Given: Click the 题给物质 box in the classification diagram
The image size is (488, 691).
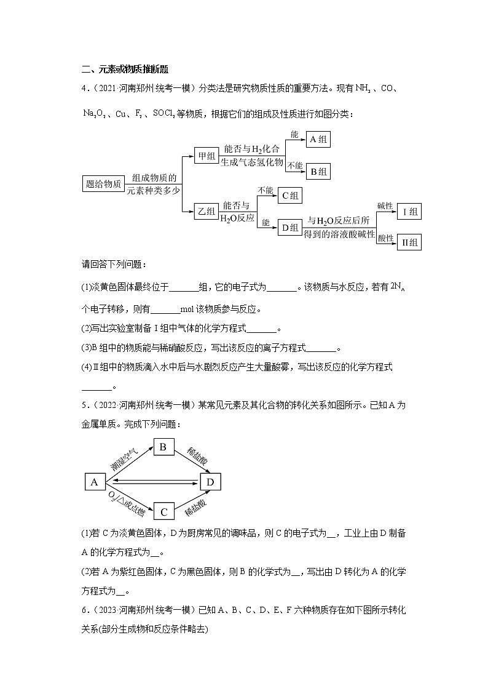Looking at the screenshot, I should [x=103, y=183].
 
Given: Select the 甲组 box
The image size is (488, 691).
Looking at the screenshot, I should [x=205, y=156].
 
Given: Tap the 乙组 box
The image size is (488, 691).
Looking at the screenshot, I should [x=205, y=211].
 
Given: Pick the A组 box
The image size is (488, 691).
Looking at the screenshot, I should [x=318, y=140].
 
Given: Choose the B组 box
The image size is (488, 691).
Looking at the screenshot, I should [x=318, y=171].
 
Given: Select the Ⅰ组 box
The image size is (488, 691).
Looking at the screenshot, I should [x=409, y=212].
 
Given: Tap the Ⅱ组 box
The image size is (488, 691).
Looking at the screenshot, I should [x=409, y=242].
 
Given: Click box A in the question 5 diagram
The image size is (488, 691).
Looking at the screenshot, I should [x=95, y=482].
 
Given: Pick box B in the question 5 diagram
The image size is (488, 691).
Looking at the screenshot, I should [x=163, y=447].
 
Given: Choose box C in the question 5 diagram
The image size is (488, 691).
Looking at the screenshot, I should [x=163, y=512].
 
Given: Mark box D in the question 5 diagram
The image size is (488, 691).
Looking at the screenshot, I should [x=210, y=482].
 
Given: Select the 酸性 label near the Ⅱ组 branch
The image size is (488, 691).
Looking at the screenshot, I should [x=385, y=237].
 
